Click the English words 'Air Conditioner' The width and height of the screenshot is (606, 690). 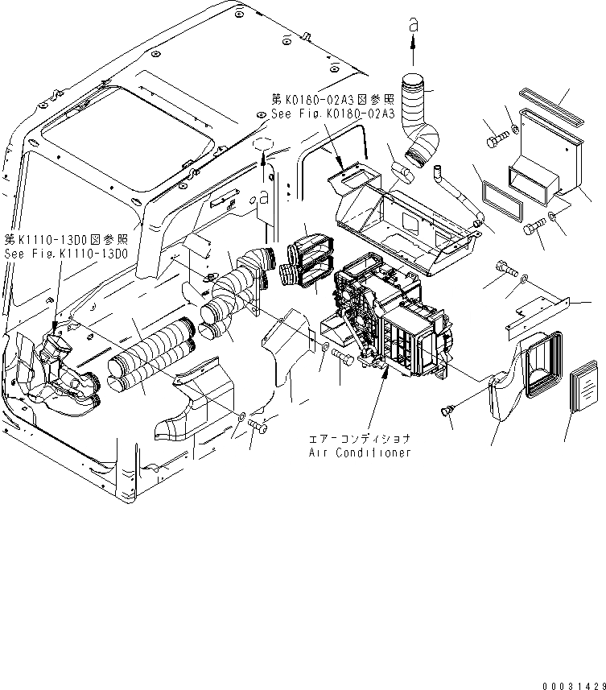click(x=360, y=452)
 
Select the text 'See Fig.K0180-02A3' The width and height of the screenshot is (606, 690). click(x=332, y=114)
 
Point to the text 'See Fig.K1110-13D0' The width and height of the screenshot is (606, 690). click(x=65, y=253)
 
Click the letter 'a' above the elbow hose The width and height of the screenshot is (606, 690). click(x=413, y=27)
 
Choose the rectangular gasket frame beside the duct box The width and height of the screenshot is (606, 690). click(x=501, y=201)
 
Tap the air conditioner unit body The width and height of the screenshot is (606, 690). click(x=394, y=322)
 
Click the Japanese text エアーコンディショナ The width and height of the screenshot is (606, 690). click(x=360, y=440)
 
